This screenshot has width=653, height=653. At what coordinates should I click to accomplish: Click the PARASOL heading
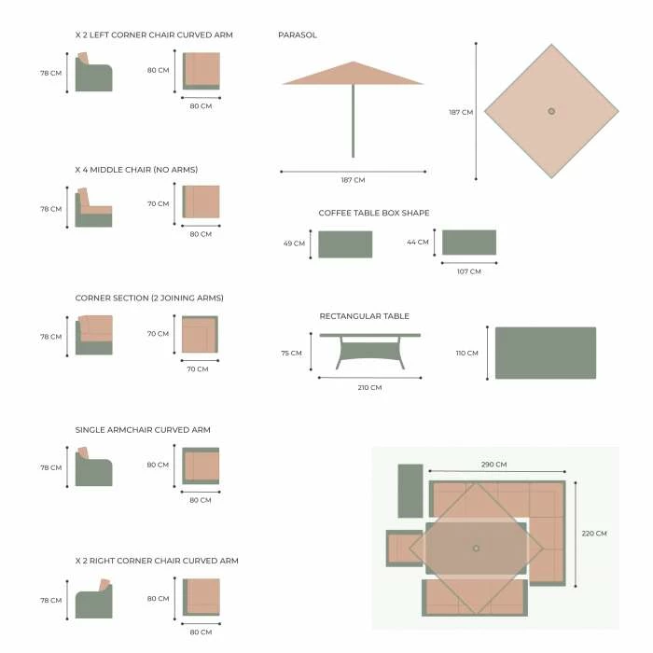click(298, 35)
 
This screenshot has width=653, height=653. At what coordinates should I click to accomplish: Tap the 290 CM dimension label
click(493, 465)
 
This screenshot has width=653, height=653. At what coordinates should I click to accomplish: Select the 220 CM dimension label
click(594, 534)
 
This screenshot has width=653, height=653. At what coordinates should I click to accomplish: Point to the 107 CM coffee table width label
click(469, 271)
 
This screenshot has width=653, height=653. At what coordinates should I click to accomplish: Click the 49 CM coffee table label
click(294, 243)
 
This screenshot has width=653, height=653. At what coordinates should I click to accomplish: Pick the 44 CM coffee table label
click(418, 242)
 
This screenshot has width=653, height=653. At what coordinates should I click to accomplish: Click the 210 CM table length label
click(369, 388)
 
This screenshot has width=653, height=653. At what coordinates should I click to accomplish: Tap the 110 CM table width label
click(466, 354)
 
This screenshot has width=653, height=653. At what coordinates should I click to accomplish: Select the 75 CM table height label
click(291, 354)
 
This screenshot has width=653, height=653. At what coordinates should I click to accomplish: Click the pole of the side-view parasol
click(354, 120)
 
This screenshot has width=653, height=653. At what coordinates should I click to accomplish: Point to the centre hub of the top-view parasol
click(551, 111)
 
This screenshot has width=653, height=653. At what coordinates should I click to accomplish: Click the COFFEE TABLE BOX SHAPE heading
click(373, 214)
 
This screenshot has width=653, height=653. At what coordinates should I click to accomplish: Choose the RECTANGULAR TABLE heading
click(365, 316)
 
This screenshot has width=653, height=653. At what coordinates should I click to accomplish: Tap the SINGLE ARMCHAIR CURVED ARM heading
click(143, 430)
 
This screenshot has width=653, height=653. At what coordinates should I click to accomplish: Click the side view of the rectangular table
click(369, 351)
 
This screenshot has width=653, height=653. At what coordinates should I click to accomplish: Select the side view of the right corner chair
click(94, 599)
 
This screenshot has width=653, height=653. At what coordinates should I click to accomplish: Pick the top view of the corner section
click(200, 334)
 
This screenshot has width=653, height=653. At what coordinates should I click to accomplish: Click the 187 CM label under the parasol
click(354, 180)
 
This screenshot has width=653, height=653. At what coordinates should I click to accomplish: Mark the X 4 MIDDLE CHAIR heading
click(136, 170)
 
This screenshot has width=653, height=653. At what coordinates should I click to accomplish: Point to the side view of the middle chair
click(93, 207)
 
